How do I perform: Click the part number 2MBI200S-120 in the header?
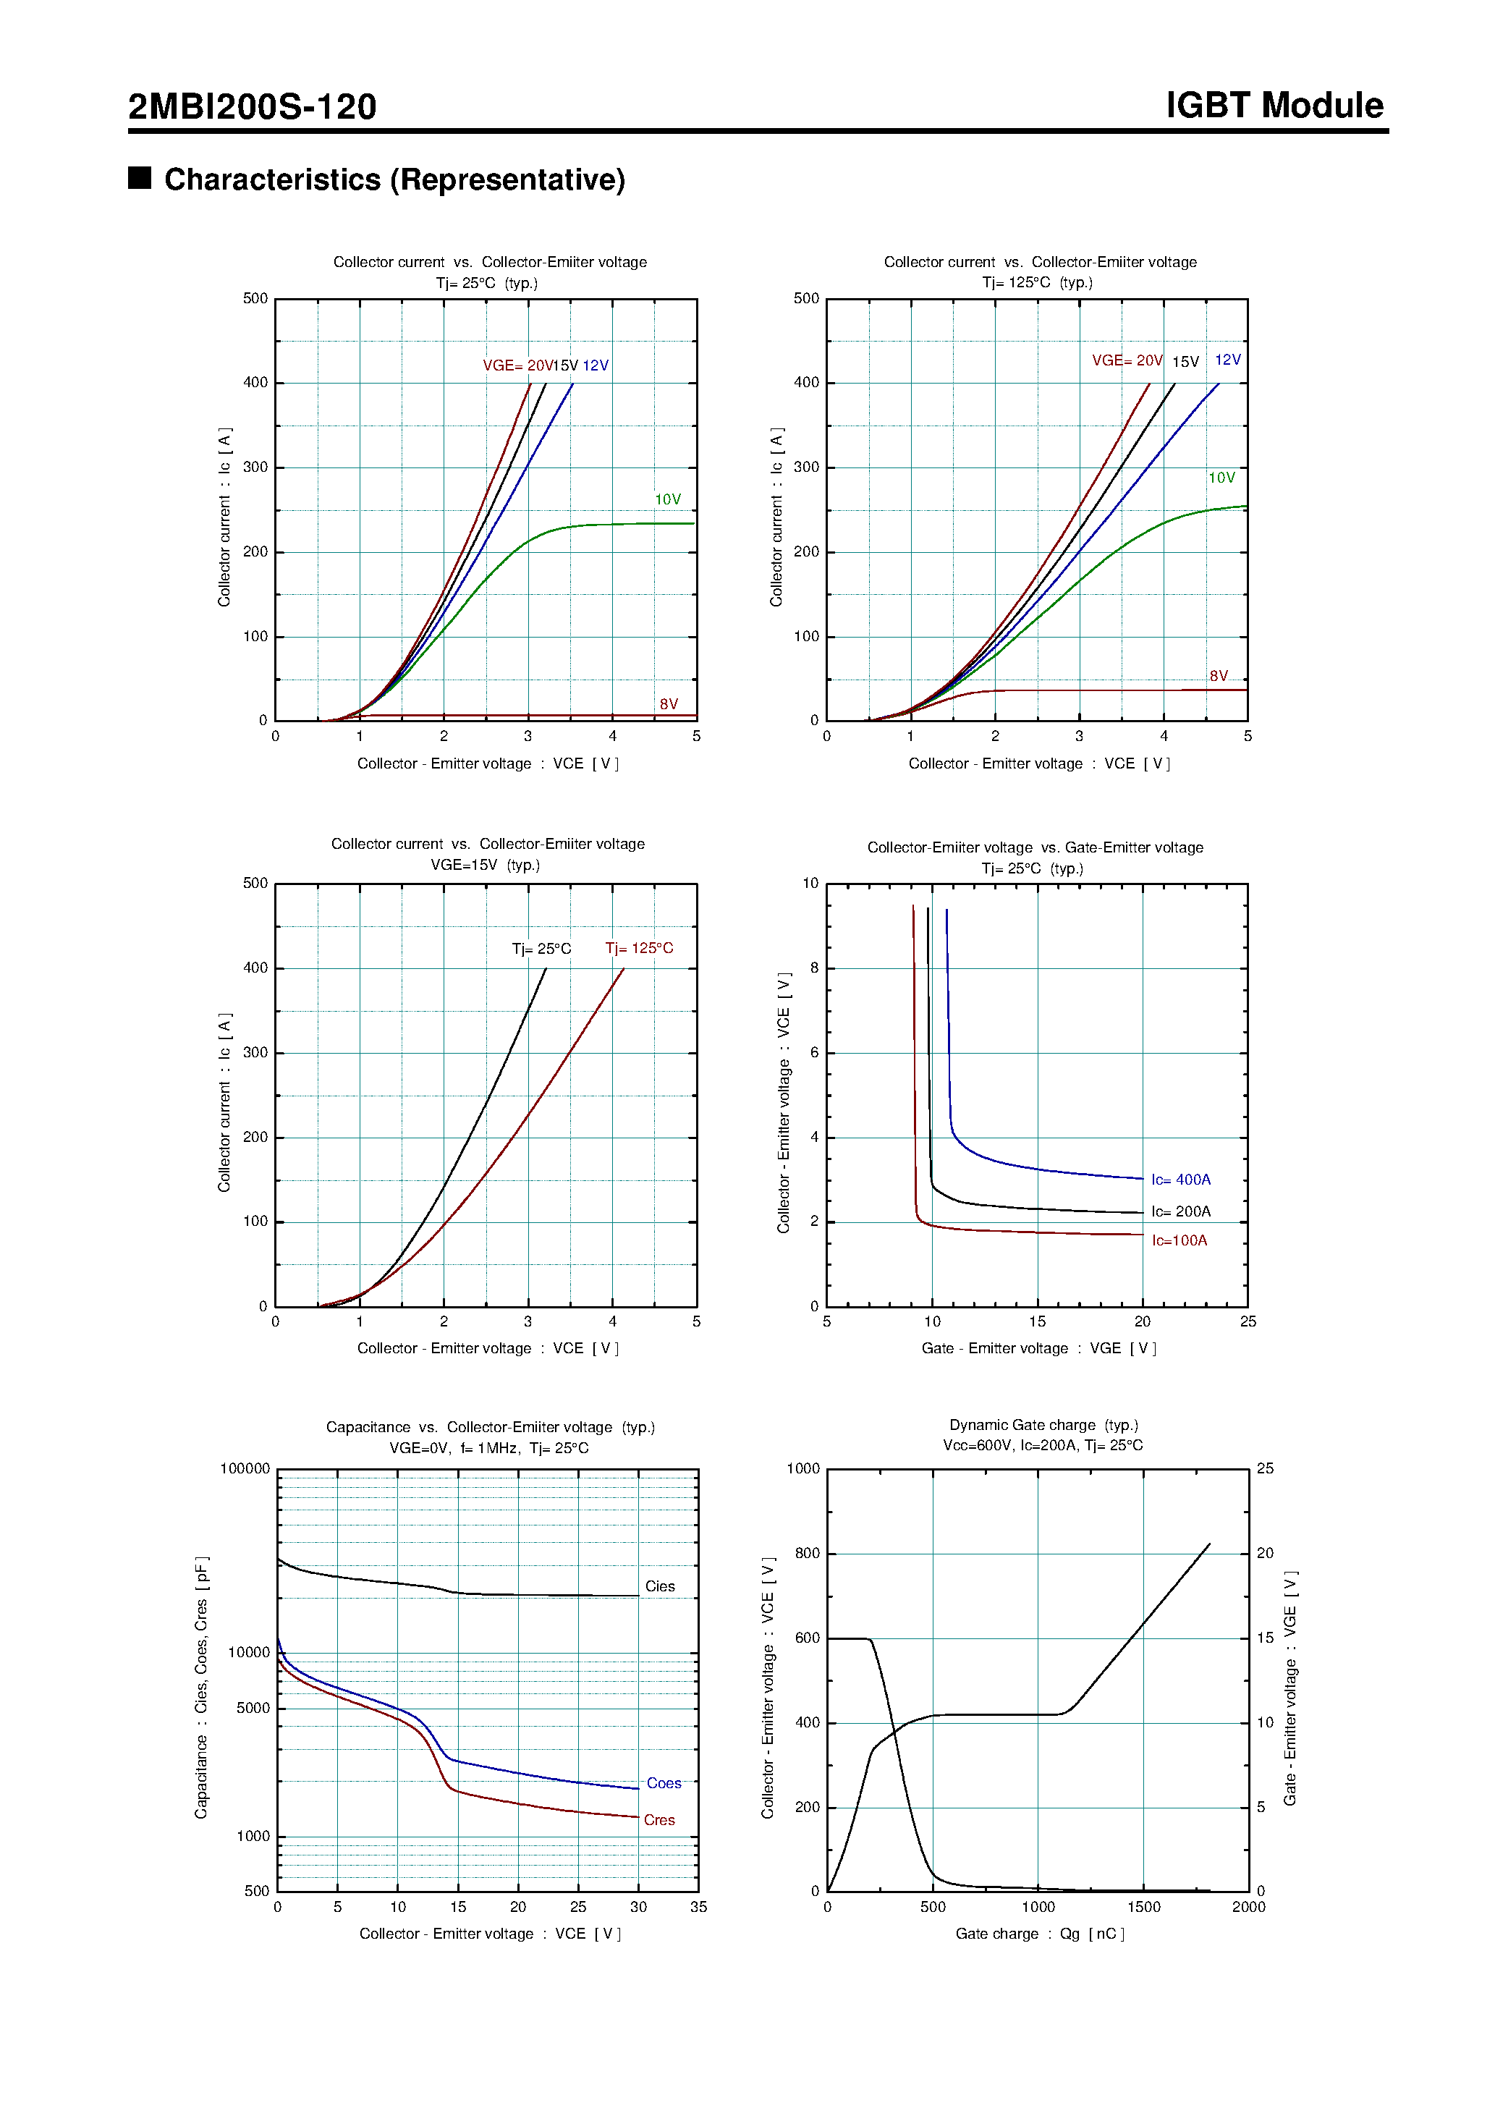pos(252,107)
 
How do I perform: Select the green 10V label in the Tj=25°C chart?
pos(667,499)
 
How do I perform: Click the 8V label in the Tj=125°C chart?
pos(1218,677)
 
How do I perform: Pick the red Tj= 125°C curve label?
pos(639,948)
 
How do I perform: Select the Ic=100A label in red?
pos(1179,1240)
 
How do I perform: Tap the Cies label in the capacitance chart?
pos(659,1586)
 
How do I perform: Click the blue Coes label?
pos(664,1783)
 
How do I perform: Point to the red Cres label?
pos(659,1820)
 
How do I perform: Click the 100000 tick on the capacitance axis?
pos(245,1469)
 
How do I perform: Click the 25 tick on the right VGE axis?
pos(1265,1469)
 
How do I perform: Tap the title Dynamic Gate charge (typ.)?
pos(1043,1425)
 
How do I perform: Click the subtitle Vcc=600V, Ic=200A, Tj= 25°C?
pos(1043,1445)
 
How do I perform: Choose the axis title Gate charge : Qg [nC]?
pos(1040,1934)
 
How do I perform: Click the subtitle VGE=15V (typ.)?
pos(485,865)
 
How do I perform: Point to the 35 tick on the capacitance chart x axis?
pos(698,1907)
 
